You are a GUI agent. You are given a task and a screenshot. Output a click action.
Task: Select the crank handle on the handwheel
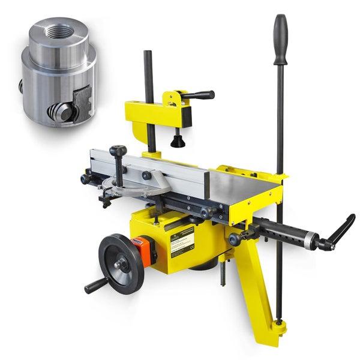pos(96,285)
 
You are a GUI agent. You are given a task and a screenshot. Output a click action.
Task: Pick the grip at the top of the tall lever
pos(280,39)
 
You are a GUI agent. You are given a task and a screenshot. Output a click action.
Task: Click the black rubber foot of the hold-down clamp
pos(177,142)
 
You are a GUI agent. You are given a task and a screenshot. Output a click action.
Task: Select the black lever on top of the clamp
pos(198,95)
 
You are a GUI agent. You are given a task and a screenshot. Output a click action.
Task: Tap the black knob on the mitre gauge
pos(119,151)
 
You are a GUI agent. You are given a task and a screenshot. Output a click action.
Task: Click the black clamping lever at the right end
pos(339,231)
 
